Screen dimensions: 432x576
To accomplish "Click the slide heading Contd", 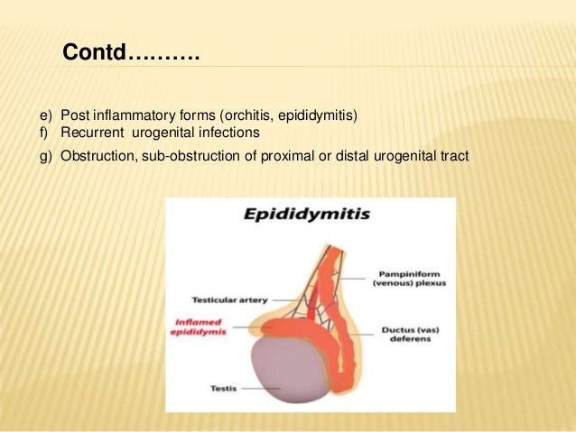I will [x=130, y=54].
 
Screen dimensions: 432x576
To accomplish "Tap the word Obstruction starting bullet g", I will [x=93, y=156].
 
